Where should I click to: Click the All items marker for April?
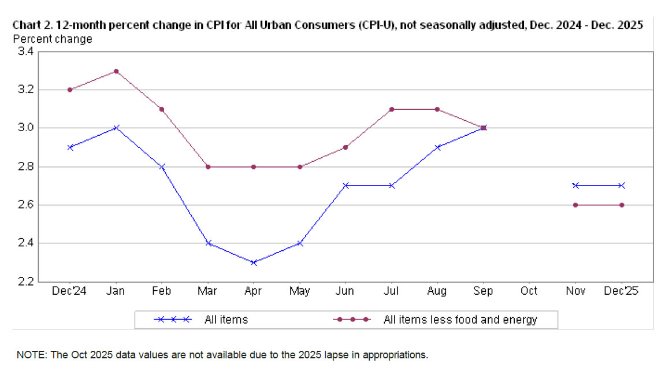tap(254, 262)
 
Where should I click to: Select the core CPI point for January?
tap(116, 71)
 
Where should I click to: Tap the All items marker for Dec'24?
tap(70, 147)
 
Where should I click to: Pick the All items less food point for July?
tap(392, 109)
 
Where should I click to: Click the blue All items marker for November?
tap(575, 186)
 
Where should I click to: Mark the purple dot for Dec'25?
tap(622, 205)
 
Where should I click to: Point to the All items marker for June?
tap(345, 186)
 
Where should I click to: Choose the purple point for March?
tap(208, 166)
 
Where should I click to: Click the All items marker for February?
tap(162, 166)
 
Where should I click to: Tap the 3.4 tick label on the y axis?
tap(25, 51)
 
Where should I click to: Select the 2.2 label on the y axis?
tap(25, 281)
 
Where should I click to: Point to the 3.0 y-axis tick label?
tap(25, 128)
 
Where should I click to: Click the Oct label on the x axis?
tap(529, 291)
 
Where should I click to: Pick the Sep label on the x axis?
tap(483, 291)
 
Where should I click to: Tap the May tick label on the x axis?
tap(299, 291)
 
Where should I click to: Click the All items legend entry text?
tap(226, 320)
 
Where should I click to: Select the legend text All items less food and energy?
tap(460, 320)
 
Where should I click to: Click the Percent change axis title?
tap(52, 39)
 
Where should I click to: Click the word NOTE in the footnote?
tap(30, 354)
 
